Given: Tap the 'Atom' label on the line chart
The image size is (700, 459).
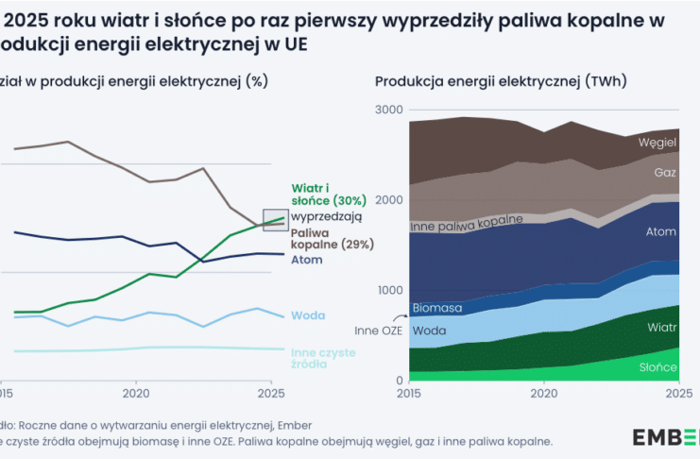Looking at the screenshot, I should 306,259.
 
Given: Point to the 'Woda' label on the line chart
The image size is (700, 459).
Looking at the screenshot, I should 302,315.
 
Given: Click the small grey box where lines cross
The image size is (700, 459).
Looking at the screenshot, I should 274,220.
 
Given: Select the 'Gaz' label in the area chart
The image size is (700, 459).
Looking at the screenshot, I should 664,173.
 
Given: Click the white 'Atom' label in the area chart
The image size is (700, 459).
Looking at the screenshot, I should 660,231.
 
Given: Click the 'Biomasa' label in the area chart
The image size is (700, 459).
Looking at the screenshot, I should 437,308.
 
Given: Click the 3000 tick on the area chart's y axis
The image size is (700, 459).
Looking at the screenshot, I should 388,110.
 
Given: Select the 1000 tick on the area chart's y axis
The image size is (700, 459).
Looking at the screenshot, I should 388,290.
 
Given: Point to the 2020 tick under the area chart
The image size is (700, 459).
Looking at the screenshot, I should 543,392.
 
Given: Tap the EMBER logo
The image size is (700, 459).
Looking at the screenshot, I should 665,435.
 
